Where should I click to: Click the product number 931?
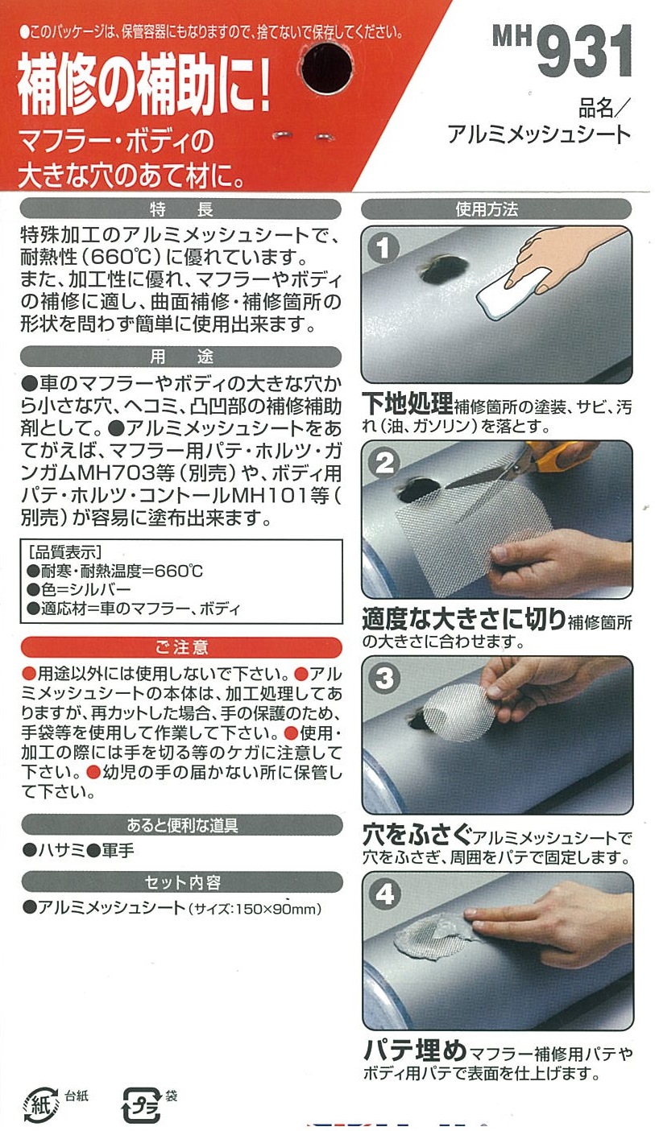[x=584, y=51]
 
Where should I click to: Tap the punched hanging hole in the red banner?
[x=326, y=68]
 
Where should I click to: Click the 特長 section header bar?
[x=180, y=209]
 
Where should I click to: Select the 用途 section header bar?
[x=180, y=357]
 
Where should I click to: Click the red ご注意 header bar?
[x=181, y=647]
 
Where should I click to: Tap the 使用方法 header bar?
[x=496, y=209]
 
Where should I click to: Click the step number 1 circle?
[x=383, y=248]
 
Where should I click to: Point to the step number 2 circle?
[x=384, y=463]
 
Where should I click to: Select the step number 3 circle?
[x=384, y=678]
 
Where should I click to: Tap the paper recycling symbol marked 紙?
[x=41, y=1104]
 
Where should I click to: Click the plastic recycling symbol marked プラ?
[x=143, y=1104]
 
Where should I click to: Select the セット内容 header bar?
[x=182, y=882]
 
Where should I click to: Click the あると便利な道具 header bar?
[x=182, y=825]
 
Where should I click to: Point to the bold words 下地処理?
[x=408, y=403]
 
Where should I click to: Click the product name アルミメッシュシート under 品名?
[x=539, y=134]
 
